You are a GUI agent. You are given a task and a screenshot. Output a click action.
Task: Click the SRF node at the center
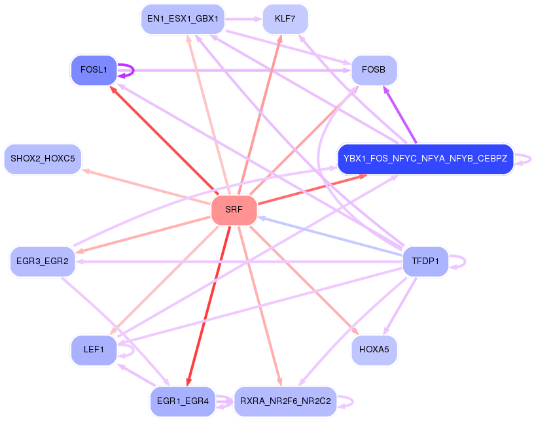pyautogui.click(x=234, y=210)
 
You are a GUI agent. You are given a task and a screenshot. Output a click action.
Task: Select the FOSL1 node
pyautogui.click(x=94, y=69)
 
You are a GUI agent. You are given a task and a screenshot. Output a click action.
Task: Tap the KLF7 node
pyautogui.click(x=285, y=19)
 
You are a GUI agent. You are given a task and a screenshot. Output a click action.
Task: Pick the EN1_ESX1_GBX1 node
pyautogui.click(x=183, y=19)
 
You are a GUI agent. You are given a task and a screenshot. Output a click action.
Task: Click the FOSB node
pyautogui.click(x=374, y=69)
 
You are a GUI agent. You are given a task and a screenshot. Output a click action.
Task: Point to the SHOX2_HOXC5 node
pyautogui.click(x=43, y=159)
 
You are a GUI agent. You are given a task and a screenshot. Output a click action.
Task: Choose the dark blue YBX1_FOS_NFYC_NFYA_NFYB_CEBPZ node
pyautogui.click(x=425, y=159)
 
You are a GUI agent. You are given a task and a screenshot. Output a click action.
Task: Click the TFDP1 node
pyautogui.click(x=425, y=261)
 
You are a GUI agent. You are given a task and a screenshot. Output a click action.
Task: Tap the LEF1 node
pyautogui.click(x=94, y=350)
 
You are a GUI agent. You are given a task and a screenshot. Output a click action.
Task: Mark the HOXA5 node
pyautogui.click(x=374, y=350)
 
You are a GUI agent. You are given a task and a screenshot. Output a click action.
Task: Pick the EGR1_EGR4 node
pyautogui.click(x=183, y=401)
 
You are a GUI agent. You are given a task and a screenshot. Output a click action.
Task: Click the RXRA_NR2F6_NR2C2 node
pyautogui.click(x=285, y=401)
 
